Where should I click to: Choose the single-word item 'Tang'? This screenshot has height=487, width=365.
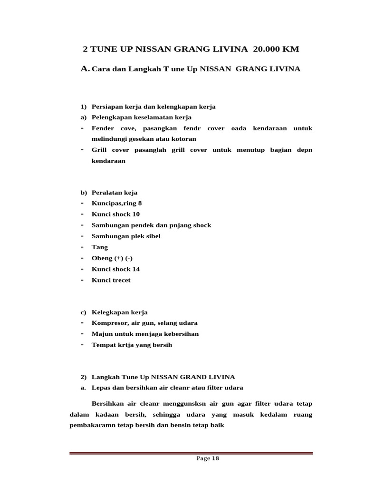click(x=99, y=247)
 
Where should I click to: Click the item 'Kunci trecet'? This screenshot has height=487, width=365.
click(x=111, y=280)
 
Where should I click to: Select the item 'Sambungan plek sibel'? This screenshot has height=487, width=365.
click(x=126, y=236)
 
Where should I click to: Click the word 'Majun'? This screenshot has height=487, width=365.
click(x=101, y=334)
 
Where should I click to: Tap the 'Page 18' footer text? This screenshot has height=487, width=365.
click(x=207, y=458)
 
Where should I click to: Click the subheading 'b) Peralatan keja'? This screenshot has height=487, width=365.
click(x=109, y=193)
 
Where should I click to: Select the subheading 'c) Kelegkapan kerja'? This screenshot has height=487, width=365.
click(x=114, y=312)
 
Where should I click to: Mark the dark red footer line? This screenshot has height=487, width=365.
click(x=191, y=453)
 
